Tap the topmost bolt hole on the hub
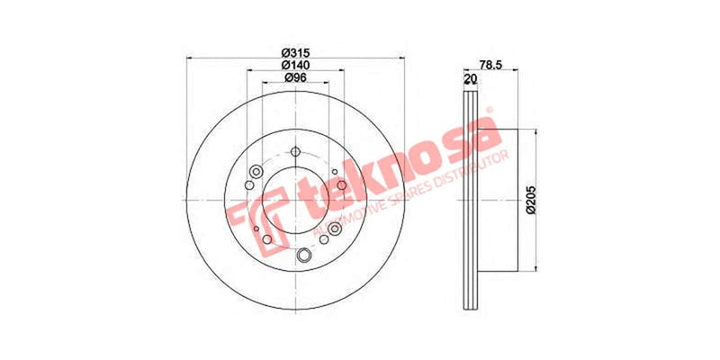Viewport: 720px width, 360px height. tap(294, 150)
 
